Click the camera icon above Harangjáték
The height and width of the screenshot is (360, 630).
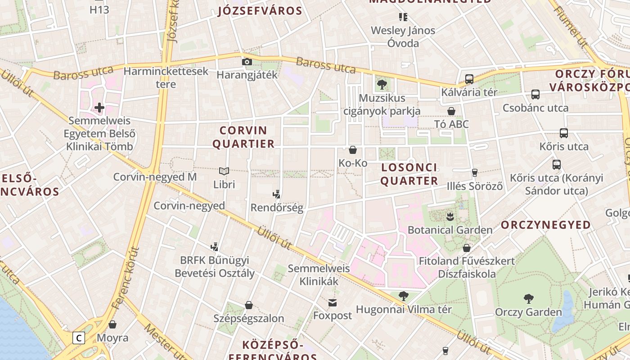click(247, 62)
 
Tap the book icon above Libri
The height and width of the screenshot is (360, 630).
click(224, 171)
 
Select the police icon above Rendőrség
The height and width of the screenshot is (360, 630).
click(277, 194)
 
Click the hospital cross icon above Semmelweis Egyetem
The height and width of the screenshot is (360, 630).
click(99, 108)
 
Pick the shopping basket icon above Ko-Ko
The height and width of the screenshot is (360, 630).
click(353, 149)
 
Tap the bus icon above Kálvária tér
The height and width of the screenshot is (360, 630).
click(469, 79)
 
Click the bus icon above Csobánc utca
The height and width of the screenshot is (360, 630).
click(535, 94)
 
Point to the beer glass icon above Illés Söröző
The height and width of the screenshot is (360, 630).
click(474, 172)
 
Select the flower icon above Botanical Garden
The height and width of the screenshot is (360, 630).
click(450, 217)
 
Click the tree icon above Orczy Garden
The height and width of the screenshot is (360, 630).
click(528, 298)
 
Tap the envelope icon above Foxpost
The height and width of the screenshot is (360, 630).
click(332, 302)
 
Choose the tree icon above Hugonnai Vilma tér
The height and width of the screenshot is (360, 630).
click(404, 296)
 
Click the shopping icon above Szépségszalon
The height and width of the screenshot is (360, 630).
click(248, 305)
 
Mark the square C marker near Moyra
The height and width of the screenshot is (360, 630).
click(79, 337)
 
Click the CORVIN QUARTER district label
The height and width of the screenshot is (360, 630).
click(243, 137)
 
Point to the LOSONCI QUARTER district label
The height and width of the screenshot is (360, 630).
click(409, 174)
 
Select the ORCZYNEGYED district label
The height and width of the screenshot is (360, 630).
click(546, 225)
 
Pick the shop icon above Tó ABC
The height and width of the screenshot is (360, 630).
click(451, 111)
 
